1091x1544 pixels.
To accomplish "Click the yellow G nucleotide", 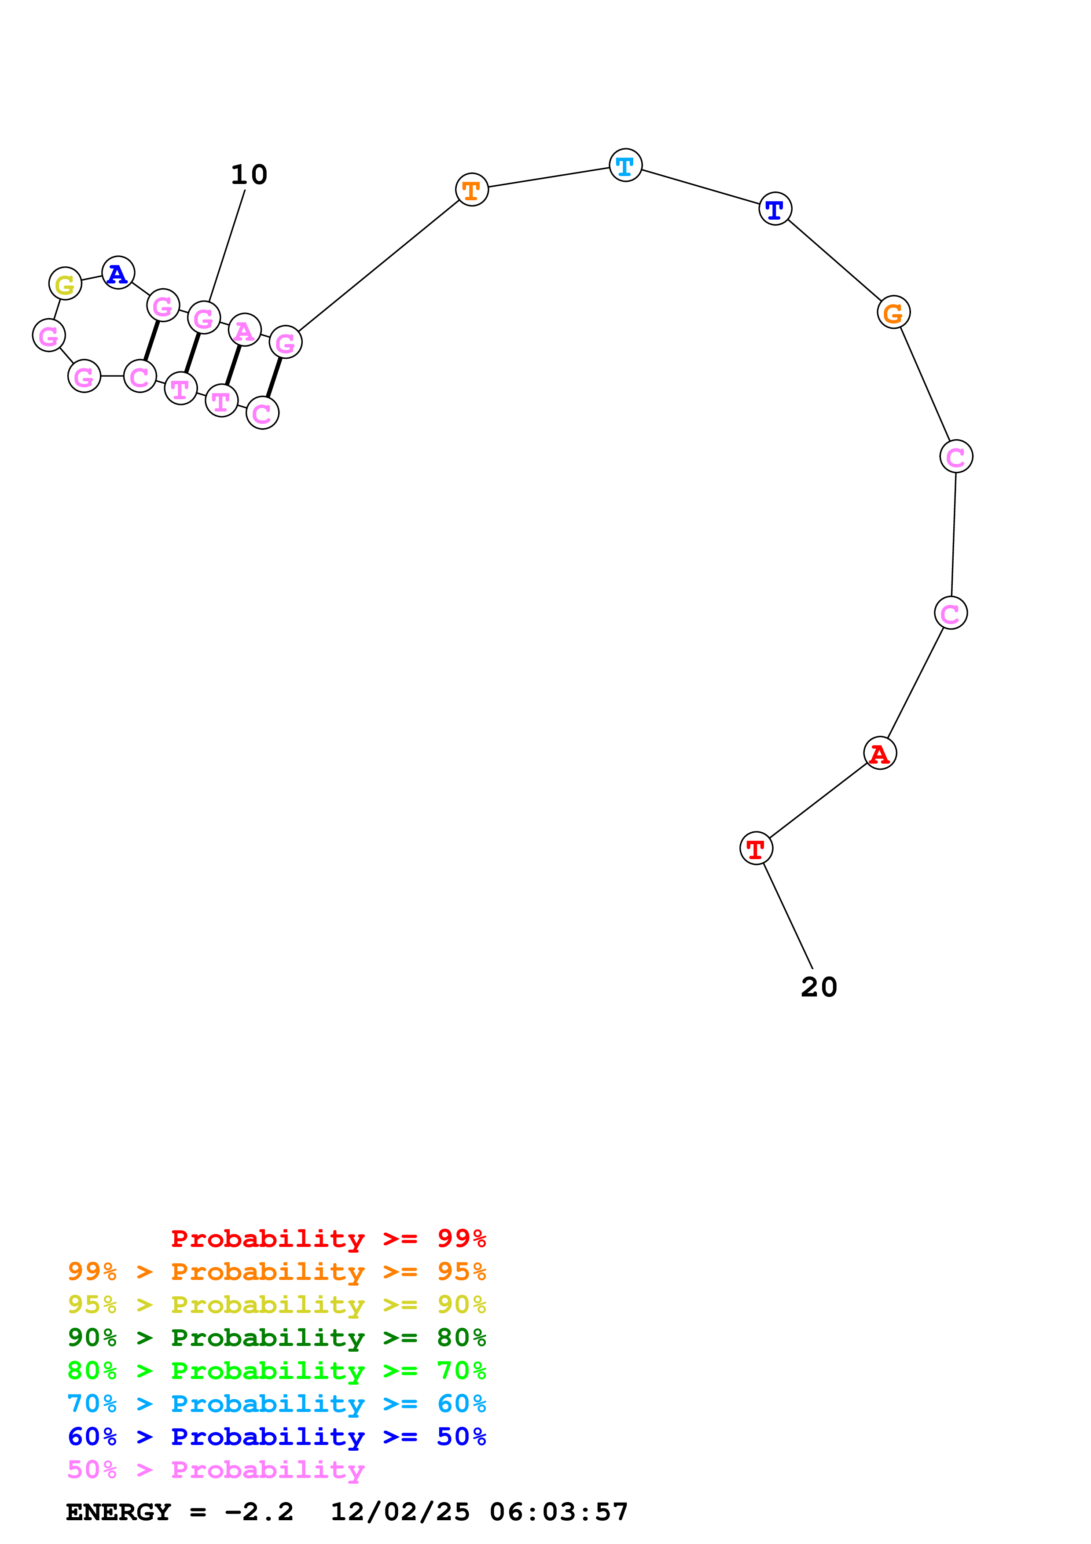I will tap(65, 284).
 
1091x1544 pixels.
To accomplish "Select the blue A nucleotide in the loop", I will tap(118, 273).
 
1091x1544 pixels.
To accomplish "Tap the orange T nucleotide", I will tap(472, 190).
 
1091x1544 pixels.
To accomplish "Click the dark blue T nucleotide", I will tap(775, 209).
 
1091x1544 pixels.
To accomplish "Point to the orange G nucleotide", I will tap(893, 312).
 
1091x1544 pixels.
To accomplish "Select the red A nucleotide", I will tap(880, 753).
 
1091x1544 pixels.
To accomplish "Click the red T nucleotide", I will tap(756, 849).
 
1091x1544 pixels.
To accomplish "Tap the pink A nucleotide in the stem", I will tap(245, 330).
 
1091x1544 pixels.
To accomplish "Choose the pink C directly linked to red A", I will tap(951, 613).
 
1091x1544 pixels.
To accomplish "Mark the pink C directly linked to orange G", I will tap(956, 456).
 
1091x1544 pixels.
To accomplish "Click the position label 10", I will tap(249, 175).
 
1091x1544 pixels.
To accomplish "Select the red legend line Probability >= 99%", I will tap(328, 1238).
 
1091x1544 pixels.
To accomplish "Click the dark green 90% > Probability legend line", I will tap(276, 1338).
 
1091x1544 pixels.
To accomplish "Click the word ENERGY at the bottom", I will tap(118, 1512).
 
